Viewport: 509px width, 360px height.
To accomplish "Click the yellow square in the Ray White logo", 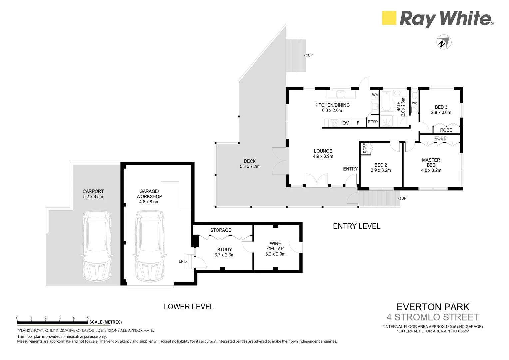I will (389, 18).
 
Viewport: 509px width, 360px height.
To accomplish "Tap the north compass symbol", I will (444, 42).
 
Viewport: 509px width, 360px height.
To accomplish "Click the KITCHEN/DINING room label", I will (332, 105).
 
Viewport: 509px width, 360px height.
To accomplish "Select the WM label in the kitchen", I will (375, 95).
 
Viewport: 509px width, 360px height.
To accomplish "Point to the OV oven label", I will (345, 123).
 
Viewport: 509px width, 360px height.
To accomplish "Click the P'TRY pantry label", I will (373, 122).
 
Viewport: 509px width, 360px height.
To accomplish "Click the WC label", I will (414, 103).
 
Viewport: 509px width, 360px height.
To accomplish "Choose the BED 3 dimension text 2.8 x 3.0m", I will (441, 112).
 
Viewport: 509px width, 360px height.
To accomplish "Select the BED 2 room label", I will (381, 165).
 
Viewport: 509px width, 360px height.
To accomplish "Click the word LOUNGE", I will (323, 151).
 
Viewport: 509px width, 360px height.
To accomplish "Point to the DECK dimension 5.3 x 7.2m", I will (250, 166).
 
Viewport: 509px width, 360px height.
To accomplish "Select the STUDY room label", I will (224, 250).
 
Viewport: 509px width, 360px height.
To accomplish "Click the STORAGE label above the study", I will (221, 230).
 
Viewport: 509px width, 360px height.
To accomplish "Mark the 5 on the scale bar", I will (87, 318).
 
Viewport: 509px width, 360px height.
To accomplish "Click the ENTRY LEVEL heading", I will (357, 226).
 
